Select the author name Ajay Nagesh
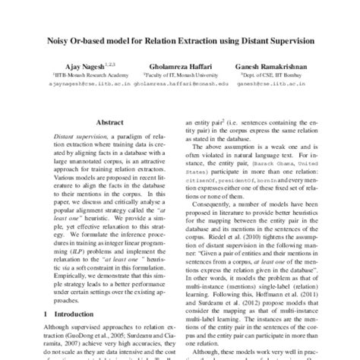79,68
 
